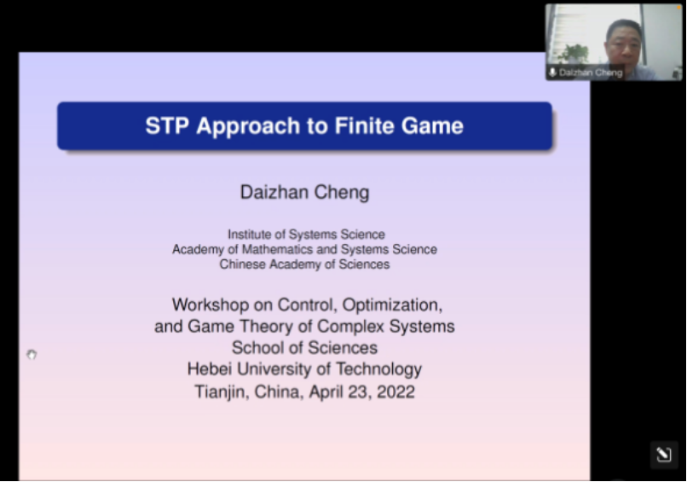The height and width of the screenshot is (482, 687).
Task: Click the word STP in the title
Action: pos(167,126)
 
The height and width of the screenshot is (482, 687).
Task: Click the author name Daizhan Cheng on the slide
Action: pos(305,193)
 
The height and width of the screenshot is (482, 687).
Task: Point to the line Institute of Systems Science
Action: pos(306,235)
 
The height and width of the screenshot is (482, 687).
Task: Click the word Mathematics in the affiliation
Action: pos(277,250)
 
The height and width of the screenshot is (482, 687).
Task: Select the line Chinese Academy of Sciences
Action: pos(304,264)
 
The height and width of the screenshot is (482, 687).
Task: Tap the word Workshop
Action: pos(211,305)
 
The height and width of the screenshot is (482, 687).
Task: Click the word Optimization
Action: pos(392,305)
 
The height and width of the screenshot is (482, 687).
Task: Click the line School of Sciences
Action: pos(304,348)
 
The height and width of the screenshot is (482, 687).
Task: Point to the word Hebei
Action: pos(210,369)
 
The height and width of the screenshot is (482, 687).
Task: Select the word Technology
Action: pos(378,369)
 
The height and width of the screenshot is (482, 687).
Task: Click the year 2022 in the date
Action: pos(395,392)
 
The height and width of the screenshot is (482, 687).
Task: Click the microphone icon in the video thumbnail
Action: pos(552,73)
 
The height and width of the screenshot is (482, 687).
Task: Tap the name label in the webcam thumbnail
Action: pos(591,73)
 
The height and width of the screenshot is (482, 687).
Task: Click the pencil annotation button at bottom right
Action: pos(664,454)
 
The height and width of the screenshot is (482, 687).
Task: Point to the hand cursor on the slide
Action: pos(32,354)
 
